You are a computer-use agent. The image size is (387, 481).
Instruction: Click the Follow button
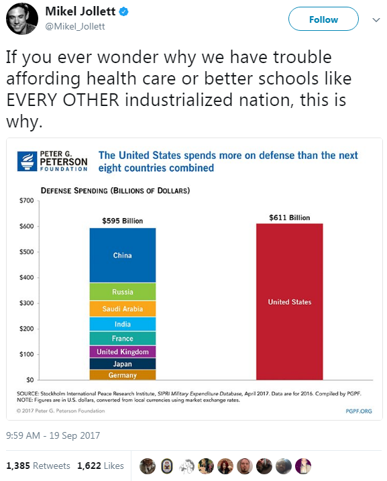click(323, 19)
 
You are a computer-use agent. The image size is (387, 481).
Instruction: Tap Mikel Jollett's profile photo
click(21, 19)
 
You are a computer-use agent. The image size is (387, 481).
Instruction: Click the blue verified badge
click(123, 11)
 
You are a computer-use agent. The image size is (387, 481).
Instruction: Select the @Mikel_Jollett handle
click(75, 26)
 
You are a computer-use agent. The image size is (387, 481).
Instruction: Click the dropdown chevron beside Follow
click(376, 20)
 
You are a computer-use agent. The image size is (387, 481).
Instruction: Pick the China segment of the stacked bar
click(123, 255)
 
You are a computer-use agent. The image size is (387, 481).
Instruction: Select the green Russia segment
click(123, 291)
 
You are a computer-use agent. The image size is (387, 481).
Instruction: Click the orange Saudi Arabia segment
click(123, 309)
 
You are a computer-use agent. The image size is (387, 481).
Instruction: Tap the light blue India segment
click(123, 324)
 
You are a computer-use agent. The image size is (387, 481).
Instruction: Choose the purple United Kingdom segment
click(123, 352)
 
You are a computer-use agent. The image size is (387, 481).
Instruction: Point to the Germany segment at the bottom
click(123, 375)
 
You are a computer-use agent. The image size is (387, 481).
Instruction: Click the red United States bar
click(290, 302)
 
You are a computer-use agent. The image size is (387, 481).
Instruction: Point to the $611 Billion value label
click(290, 217)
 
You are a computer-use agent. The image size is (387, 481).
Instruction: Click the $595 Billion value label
click(123, 221)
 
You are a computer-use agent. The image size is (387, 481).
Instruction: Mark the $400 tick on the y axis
click(26, 277)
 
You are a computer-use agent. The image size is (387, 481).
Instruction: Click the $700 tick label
click(26, 201)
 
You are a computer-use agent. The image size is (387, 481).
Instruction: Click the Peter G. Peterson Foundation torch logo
click(27, 161)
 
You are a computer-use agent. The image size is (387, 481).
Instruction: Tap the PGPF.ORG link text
click(359, 411)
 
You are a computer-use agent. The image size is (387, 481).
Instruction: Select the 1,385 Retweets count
click(38, 466)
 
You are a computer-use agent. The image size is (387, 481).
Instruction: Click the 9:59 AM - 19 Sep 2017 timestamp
click(53, 435)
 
